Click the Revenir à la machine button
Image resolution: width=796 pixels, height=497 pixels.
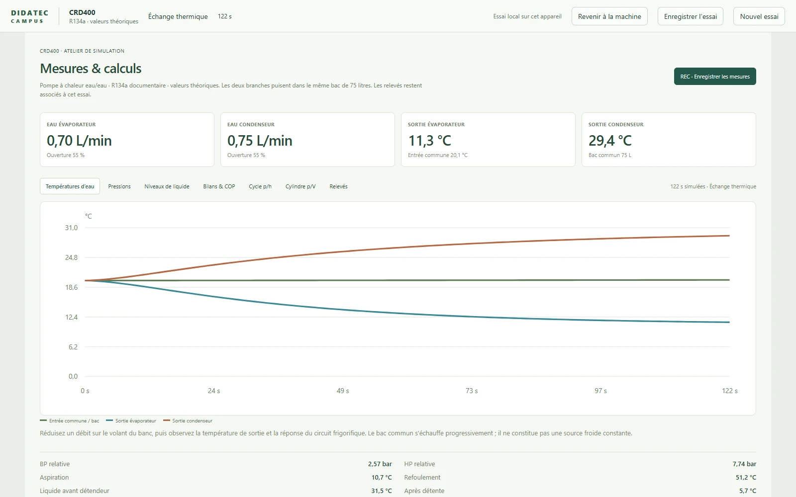click(609, 16)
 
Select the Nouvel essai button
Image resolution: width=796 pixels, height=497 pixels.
click(759, 16)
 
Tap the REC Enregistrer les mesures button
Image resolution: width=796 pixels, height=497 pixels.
click(715, 77)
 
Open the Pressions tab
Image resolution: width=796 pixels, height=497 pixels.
click(119, 186)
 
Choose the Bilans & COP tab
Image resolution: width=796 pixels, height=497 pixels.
click(219, 186)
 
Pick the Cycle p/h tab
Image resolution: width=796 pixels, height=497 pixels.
click(260, 186)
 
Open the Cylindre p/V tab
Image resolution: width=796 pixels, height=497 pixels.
click(300, 186)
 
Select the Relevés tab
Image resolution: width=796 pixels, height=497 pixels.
click(338, 186)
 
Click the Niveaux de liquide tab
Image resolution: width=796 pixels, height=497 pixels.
click(167, 186)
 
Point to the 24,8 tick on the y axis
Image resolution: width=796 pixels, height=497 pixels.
click(71, 258)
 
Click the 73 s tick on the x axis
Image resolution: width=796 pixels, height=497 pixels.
click(472, 391)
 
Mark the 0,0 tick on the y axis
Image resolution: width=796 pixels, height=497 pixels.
click(73, 376)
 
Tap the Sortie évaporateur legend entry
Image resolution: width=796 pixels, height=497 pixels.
click(131, 420)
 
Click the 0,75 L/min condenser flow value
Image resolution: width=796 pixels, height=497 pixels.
click(260, 141)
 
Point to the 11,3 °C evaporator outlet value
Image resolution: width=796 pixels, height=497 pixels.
click(430, 141)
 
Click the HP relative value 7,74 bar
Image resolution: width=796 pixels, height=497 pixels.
click(744, 464)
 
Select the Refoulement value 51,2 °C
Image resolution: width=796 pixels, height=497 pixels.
click(746, 478)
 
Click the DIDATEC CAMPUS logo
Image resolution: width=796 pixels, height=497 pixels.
click(29, 17)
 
